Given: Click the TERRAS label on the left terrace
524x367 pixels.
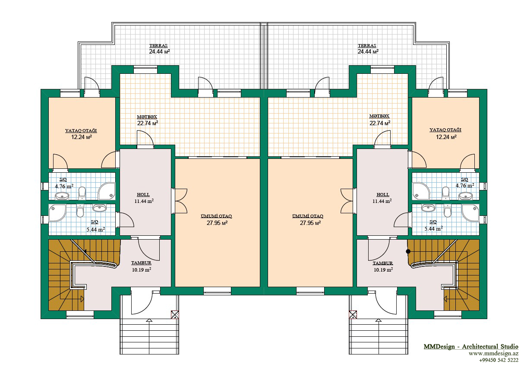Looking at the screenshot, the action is tap(158, 46).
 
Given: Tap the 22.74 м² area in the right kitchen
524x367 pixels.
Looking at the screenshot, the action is tap(380, 123).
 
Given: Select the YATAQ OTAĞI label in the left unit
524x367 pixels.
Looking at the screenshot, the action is tap(81, 130).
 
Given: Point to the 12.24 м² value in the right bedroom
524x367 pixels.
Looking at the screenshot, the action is tap(446, 137).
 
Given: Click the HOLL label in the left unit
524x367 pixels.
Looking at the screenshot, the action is tap(143, 194).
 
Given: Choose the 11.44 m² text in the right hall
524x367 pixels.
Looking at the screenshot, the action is tap(382, 201).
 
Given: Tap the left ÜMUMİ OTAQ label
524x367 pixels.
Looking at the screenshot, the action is tap(216, 216).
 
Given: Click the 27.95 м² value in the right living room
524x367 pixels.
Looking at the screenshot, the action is tap(310, 223).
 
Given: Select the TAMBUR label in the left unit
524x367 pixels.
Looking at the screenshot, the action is tap(141, 263).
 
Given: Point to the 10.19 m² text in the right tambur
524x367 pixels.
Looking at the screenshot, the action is tap(383, 269).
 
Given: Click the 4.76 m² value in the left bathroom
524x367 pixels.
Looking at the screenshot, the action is tap(64, 187).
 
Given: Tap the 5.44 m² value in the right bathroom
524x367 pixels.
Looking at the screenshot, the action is tap(433, 228).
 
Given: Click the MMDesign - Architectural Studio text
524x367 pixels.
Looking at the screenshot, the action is tap(471, 347).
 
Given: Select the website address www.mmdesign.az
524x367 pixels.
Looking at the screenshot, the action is tap(493, 354).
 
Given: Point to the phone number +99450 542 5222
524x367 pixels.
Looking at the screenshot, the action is tap(499, 360).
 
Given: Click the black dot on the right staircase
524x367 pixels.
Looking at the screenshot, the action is tap(408, 251).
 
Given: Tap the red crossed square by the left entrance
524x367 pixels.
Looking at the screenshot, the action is tap(175, 315).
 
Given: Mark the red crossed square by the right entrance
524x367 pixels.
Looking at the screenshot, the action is tap(353, 315).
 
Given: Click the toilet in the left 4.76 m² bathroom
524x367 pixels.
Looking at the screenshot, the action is tap(82, 193).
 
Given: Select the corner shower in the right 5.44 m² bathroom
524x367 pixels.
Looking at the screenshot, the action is tap(470, 212).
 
